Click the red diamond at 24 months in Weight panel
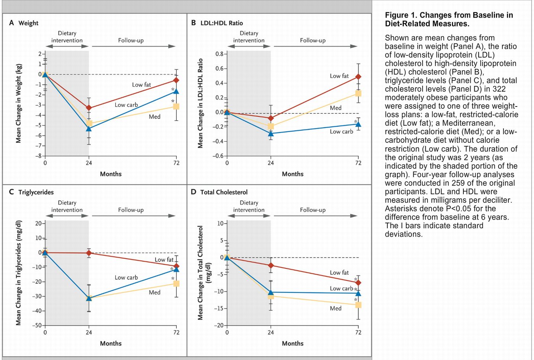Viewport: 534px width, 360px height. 89,108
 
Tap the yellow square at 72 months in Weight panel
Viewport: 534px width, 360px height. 176,106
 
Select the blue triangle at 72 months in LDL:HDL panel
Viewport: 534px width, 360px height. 358,124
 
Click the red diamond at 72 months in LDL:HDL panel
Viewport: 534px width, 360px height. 358,77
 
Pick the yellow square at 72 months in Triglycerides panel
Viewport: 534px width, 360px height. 176,283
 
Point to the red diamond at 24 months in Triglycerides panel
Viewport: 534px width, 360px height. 89,253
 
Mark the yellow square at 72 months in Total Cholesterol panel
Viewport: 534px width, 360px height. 358,305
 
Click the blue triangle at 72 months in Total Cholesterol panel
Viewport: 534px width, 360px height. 358,293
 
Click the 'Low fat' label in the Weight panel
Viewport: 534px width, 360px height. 141,85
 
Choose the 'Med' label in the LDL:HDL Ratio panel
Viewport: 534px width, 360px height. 336,108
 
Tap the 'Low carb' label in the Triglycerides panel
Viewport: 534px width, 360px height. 126,278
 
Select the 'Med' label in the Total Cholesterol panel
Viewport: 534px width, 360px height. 336,308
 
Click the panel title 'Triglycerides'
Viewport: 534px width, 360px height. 36,192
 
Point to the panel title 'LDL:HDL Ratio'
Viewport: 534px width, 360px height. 221,23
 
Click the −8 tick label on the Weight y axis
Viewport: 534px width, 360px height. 38,156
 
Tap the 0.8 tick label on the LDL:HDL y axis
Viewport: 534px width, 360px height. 219,54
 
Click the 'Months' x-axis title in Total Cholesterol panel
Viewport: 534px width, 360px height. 292,343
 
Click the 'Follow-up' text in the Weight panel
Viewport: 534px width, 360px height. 131,40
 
